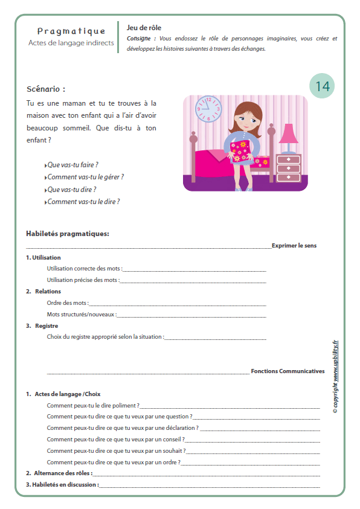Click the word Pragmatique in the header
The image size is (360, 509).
(71, 31)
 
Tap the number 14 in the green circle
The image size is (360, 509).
(322, 86)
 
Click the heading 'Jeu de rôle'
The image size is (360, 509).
(144, 28)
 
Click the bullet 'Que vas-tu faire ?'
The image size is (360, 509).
(72, 164)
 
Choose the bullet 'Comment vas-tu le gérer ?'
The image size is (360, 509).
(85, 177)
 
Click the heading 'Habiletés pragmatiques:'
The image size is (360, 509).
(68, 234)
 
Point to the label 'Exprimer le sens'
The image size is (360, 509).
(294, 246)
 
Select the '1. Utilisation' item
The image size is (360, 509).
(43, 257)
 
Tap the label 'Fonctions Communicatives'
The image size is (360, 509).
(288, 371)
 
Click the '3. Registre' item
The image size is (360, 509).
(42, 325)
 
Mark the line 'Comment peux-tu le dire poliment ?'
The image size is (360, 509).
(93, 405)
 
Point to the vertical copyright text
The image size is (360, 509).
(335, 377)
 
